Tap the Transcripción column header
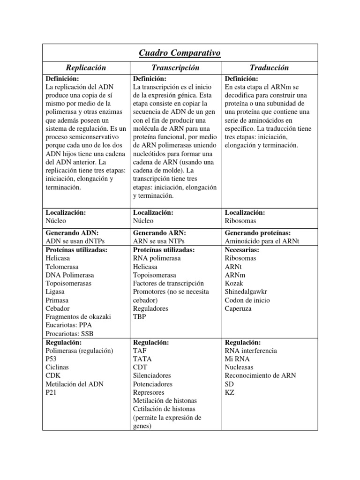pyautogui.click(x=176, y=67)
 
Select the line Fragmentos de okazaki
pyautogui.click(x=78, y=317)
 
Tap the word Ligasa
pyautogui.click(x=55, y=292)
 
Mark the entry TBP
pyautogui.click(x=140, y=317)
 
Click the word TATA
pyautogui.click(x=142, y=359)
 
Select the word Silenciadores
pyautogui.click(x=152, y=375)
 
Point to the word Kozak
pyautogui.click(x=234, y=283)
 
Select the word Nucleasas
pyautogui.click(x=240, y=367)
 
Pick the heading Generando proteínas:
pyautogui.click(x=258, y=233)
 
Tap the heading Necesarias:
pyautogui.click(x=242, y=250)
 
